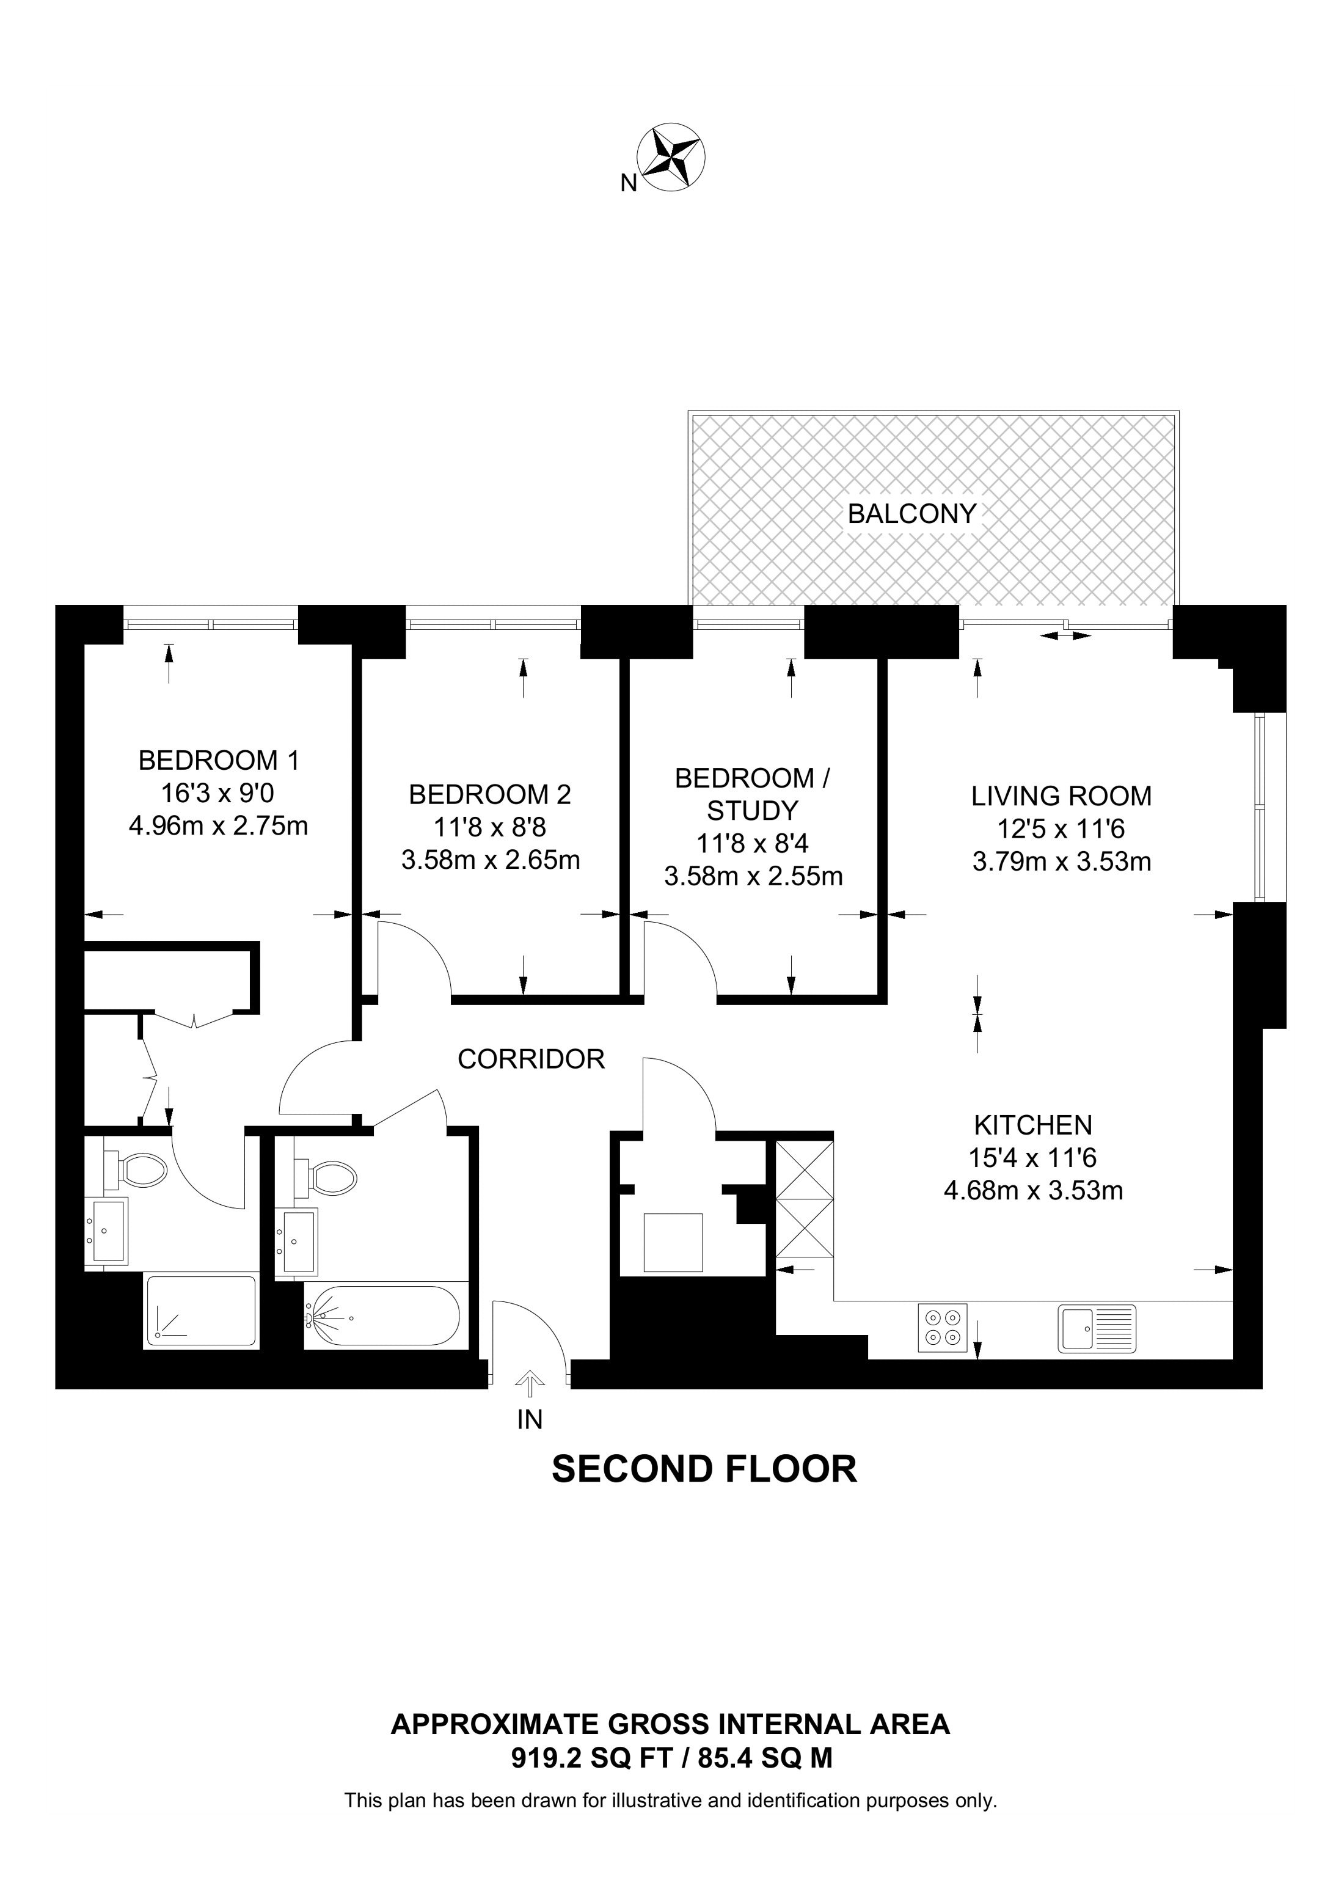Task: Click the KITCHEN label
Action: pos(1032,1124)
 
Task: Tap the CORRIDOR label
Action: pos(531,1059)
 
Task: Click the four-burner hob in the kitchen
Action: pos(943,1329)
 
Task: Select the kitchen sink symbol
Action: pos(1097,1329)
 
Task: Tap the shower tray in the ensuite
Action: pos(200,1311)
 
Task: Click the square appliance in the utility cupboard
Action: pos(673,1242)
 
